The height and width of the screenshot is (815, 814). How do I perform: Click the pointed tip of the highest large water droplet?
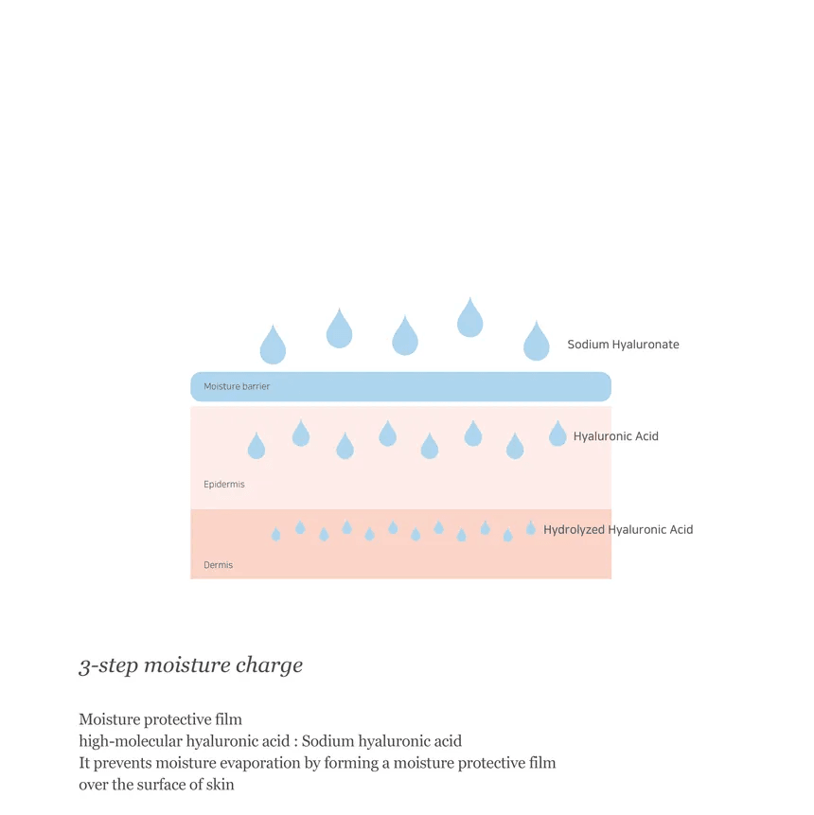(469, 297)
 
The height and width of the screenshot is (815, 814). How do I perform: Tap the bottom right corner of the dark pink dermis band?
(611, 578)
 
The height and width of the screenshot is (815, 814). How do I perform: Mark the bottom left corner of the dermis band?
(191, 578)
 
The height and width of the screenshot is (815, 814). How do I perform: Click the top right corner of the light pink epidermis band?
(611, 406)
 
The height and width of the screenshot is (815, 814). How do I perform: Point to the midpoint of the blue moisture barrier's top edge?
(400, 372)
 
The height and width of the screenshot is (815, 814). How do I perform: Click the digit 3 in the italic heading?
(85, 666)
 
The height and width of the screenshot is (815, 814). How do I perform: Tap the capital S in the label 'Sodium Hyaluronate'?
(571, 345)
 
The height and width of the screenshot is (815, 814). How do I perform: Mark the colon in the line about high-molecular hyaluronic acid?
(295, 742)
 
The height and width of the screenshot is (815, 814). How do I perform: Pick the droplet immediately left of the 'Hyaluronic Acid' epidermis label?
(557, 434)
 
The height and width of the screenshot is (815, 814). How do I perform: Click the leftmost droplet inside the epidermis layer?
(257, 446)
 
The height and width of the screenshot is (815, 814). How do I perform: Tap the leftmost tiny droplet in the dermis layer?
(276, 534)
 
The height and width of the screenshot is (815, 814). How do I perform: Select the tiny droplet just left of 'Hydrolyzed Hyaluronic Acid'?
(530, 527)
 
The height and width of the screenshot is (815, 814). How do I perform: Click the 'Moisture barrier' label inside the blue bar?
(237, 386)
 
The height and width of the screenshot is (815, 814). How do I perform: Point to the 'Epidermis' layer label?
(224, 485)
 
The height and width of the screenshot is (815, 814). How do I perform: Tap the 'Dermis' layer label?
(219, 565)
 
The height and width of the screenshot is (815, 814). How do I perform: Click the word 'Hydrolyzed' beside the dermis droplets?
(574, 530)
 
